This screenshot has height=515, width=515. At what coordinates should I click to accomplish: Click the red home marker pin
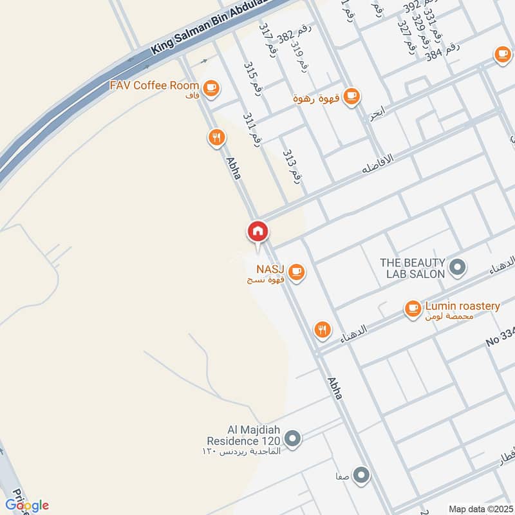click(257, 232)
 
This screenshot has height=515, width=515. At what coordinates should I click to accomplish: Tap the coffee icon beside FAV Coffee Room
click(210, 87)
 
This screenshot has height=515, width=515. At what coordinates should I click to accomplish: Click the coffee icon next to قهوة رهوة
click(351, 97)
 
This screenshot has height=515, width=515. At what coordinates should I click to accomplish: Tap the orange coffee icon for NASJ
click(296, 272)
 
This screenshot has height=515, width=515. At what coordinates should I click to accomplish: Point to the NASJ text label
click(270, 268)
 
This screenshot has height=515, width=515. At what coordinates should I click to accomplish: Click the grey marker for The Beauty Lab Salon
click(458, 267)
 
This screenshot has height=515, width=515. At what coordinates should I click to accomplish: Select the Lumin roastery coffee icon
click(413, 309)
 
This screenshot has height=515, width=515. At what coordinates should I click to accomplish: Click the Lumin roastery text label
click(462, 306)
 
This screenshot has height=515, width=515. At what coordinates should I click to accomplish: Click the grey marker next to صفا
click(362, 476)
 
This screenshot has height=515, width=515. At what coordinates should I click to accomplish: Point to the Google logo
click(27, 505)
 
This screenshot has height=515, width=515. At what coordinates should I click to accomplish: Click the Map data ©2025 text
click(479, 509)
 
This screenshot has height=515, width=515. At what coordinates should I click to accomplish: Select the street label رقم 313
click(292, 166)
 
